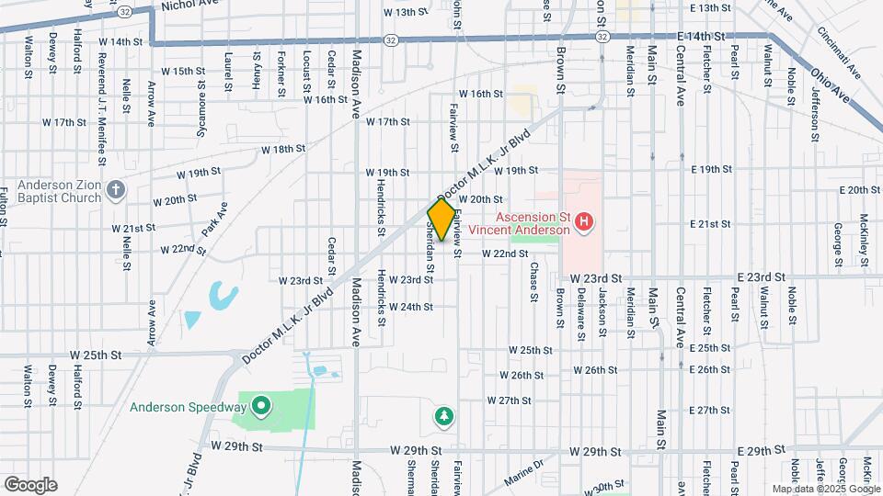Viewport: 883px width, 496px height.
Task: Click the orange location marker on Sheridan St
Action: point(441,220)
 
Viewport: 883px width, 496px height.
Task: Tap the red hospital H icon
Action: point(582,221)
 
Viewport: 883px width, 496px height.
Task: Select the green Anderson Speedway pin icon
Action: point(260,405)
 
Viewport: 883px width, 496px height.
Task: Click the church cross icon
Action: point(115,189)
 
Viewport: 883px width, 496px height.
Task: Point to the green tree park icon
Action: point(444,418)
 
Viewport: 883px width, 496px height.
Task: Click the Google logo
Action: point(30,485)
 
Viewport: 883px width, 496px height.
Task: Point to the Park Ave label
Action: point(214,220)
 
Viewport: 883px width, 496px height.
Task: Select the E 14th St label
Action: point(702,35)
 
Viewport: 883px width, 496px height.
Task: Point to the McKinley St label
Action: point(865,237)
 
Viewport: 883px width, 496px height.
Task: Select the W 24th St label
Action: point(411,307)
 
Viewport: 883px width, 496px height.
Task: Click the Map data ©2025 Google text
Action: point(825,489)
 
